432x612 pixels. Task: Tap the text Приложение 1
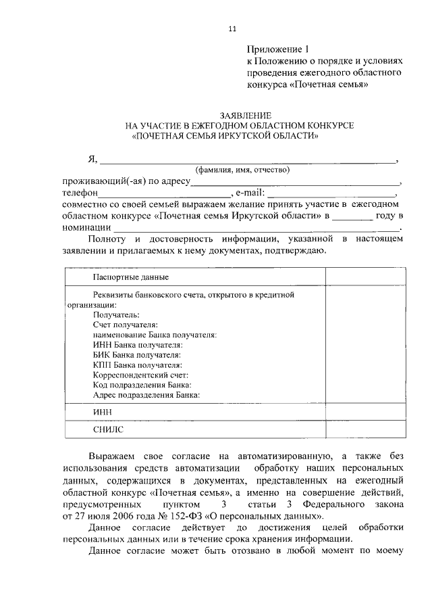coord(277,49)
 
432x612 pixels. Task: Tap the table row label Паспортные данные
coord(130,277)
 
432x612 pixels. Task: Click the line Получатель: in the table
coord(117,314)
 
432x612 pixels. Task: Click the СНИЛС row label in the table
coord(108,429)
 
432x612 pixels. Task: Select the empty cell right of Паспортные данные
coord(364,277)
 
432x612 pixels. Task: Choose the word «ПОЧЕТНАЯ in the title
coord(162,135)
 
